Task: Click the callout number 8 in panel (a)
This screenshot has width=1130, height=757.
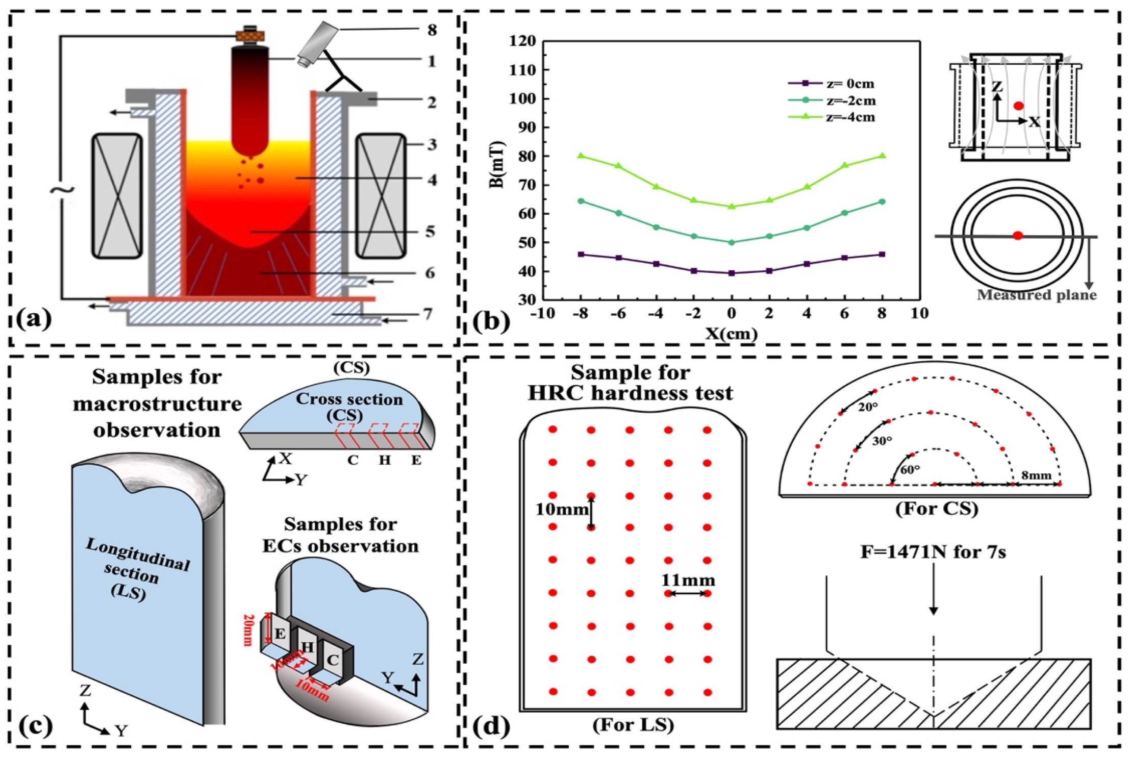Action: click(x=432, y=30)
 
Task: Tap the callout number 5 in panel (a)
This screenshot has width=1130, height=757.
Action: click(x=431, y=232)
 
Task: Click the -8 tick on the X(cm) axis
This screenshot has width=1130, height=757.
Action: click(x=581, y=313)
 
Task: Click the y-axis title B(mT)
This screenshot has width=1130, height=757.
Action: click(x=496, y=165)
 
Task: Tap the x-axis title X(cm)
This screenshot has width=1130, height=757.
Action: click(x=731, y=334)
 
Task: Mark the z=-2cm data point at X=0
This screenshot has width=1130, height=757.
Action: click(x=732, y=242)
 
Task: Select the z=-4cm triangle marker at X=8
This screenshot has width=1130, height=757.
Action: click(x=882, y=156)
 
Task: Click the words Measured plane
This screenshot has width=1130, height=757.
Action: click(x=1036, y=295)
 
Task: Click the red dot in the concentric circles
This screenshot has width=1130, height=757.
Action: click(x=1018, y=236)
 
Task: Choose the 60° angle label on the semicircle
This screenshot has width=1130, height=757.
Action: click(x=909, y=469)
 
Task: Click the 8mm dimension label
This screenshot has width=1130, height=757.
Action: click(x=1036, y=475)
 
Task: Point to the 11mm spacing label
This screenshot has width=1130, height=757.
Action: click(x=688, y=581)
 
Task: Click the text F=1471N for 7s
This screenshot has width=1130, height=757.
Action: click(x=933, y=552)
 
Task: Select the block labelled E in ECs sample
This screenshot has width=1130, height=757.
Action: click(x=280, y=634)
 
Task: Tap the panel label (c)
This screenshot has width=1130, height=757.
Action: click(x=34, y=726)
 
